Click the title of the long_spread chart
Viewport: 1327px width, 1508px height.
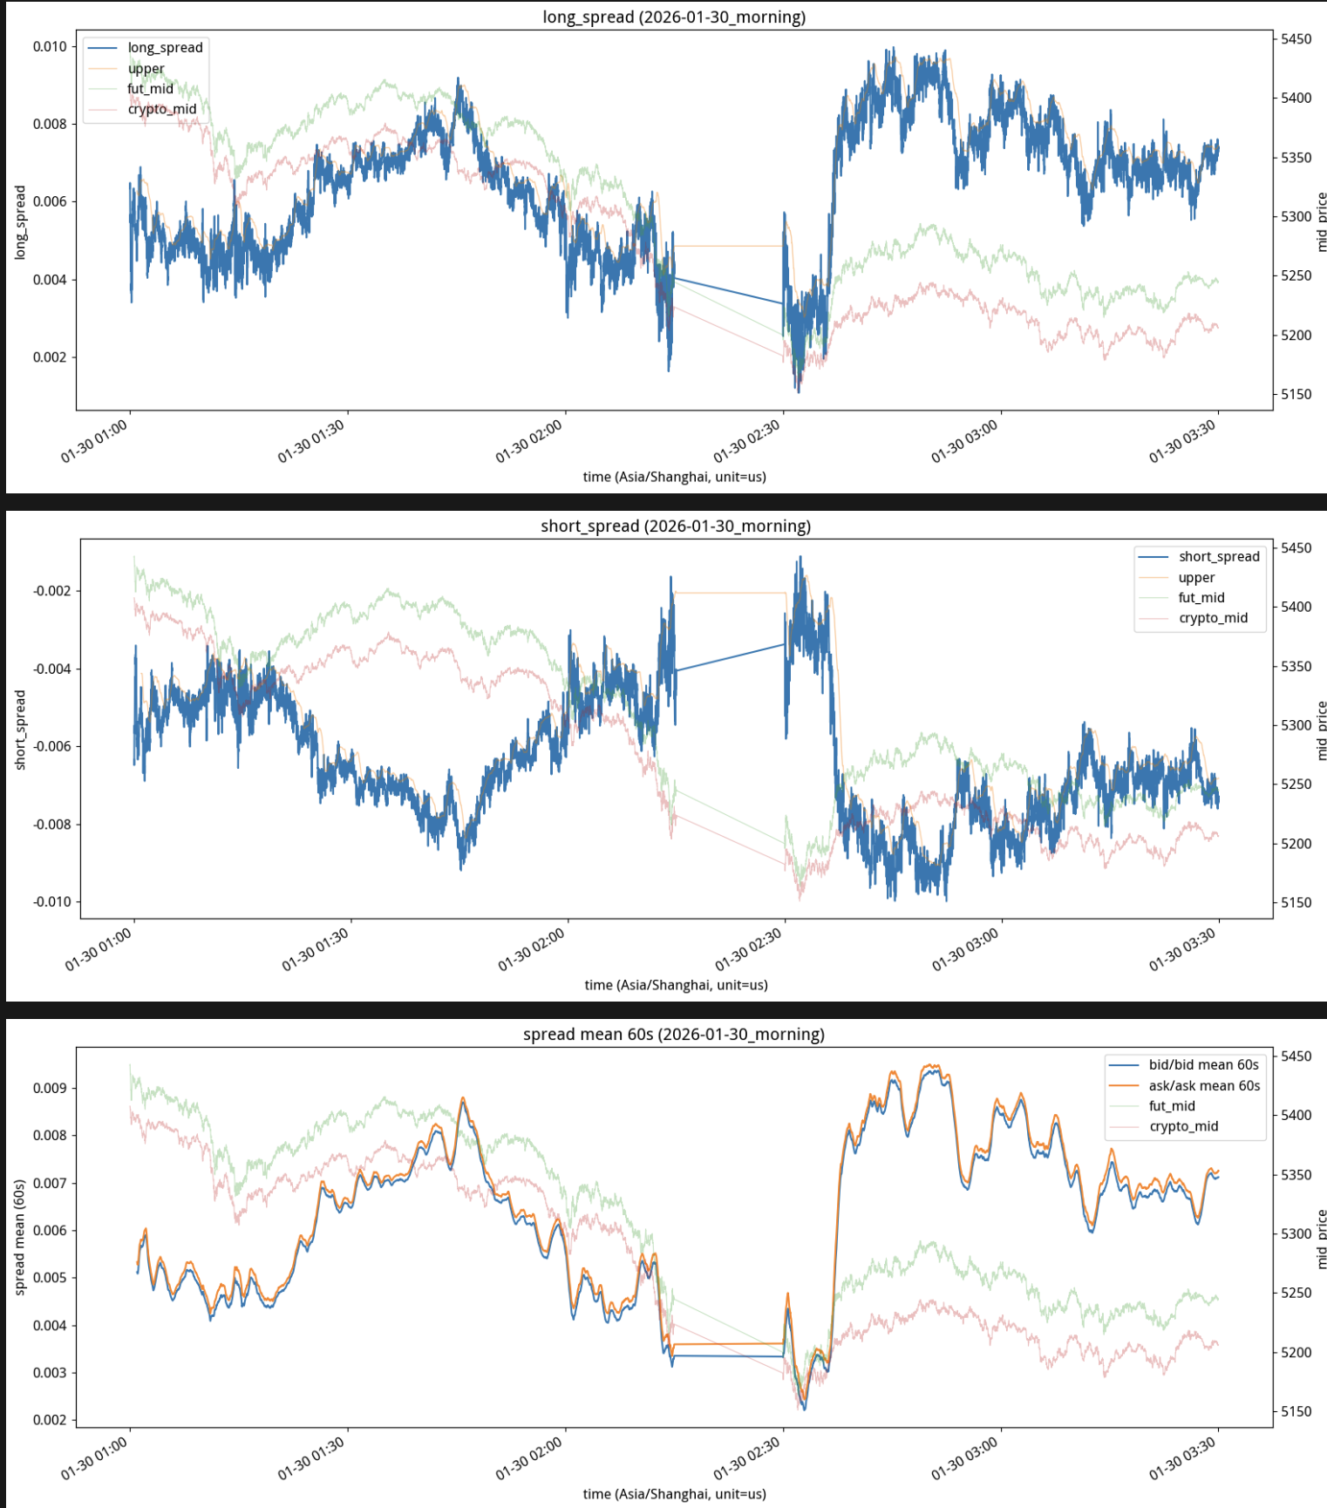click(x=673, y=17)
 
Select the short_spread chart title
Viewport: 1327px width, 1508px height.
click(x=675, y=526)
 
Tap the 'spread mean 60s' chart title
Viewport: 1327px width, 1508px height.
click(x=673, y=1034)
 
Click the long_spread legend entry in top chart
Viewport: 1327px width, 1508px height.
click(x=165, y=48)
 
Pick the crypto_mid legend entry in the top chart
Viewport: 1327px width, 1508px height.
click(x=161, y=109)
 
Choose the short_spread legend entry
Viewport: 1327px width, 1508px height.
click(x=1219, y=557)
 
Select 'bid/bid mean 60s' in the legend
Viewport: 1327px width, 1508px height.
click(x=1203, y=1065)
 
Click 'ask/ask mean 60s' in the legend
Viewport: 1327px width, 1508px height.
click(x=1204, y=1086)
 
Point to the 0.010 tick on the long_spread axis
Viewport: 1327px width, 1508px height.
click(x=50, y=46)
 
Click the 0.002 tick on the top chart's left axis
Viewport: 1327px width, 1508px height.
click(x=50, y=357)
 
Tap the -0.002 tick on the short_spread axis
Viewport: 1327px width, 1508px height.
click(x=51, y=591)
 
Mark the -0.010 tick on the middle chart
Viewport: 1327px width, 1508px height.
click(x=51, y=902)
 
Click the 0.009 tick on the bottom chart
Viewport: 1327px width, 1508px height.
click(x=50, y=1088)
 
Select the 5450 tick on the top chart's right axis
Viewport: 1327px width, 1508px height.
click(x=1296, y=39)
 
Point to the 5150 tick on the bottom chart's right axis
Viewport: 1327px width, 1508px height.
click(x=1296, y=1411)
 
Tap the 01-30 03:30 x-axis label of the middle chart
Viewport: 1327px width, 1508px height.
click(x=1183, y=950)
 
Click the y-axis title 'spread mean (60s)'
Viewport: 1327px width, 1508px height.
click(x=19, y=1238)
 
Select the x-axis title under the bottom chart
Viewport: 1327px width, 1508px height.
click(x=674, y=1494)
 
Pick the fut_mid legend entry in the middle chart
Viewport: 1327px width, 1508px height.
click(x=1201, y=598)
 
